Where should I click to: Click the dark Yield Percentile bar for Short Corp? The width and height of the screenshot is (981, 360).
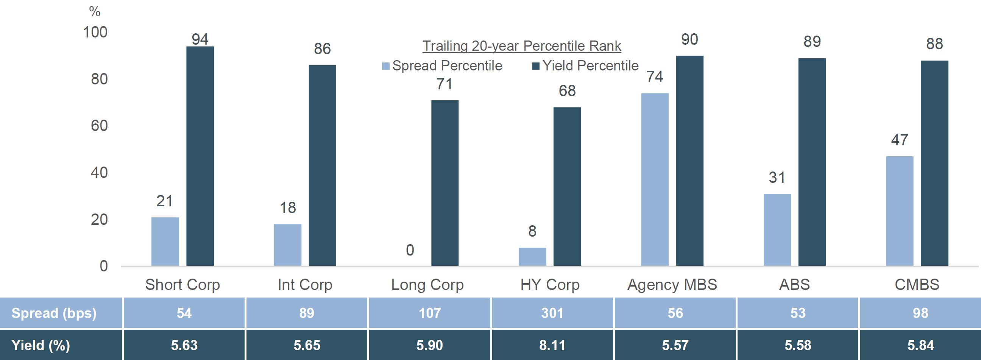200,156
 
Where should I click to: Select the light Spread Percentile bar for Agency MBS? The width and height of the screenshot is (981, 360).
655,179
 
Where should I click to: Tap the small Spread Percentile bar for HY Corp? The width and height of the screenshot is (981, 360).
532,257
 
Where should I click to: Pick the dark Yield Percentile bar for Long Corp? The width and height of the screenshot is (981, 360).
445,183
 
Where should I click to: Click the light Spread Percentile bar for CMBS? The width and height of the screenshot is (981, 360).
900,211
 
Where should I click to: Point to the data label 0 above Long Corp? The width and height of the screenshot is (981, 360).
410,250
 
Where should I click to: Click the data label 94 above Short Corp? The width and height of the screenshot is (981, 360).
200,39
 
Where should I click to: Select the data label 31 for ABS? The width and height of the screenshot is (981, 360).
777,178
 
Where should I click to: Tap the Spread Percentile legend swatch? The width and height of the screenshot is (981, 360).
385,66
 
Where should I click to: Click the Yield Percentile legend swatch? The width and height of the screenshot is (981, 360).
536,66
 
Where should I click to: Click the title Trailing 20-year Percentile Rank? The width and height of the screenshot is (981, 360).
522,46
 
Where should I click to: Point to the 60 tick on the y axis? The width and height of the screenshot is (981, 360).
99,126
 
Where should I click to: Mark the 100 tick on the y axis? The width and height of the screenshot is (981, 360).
95,33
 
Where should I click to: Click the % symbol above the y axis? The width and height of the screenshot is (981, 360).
95,11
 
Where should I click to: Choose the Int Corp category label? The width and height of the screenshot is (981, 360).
305,285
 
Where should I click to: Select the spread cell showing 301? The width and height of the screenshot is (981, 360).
552,313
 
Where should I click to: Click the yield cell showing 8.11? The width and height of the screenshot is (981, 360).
552,345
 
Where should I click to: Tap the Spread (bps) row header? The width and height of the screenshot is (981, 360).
54,313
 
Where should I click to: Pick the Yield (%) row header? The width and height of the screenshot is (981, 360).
41,345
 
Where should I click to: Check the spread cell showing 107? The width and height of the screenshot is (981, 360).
430,313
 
